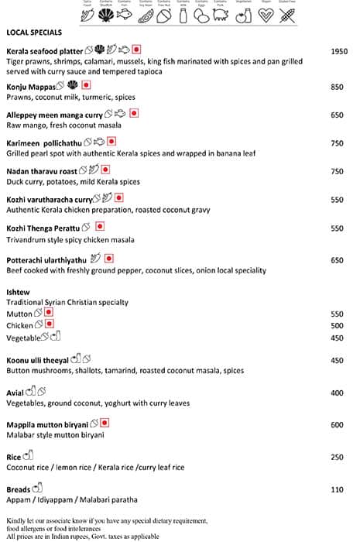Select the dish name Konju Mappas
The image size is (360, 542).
[31, 87]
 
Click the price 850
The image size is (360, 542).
[337, 87]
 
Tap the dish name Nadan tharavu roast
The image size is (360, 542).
[42, 171]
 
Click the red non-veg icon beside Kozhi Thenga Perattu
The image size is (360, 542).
[100, 227]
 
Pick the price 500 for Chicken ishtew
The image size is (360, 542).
[337, 326]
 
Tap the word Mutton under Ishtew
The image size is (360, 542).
[19, 314]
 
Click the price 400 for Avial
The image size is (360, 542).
[337, 393]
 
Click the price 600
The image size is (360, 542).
[337, 424]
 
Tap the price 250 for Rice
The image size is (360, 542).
[337, 458]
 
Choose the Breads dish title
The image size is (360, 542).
[19, 490]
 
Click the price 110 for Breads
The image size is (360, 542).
[337, 490]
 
